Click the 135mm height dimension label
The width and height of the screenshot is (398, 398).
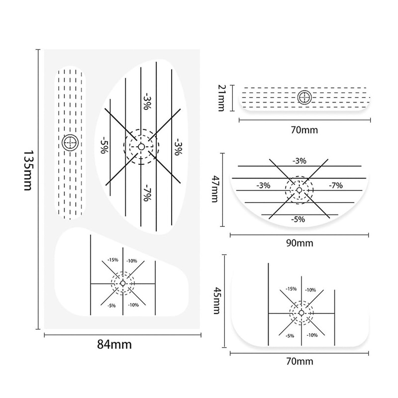click(28, 170)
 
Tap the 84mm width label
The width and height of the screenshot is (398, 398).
click(114, 345)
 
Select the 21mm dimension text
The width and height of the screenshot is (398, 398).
click(221, 98)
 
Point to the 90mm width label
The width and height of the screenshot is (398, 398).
click(300, 243)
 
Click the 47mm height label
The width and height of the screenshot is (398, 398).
click(215, 190)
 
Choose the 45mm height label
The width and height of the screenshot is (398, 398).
click(216, 300)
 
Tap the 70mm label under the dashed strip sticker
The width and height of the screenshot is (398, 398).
click(304, 130)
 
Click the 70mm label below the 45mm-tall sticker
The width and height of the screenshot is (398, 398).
click(300, 361)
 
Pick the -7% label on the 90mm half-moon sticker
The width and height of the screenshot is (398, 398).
click(335, 186)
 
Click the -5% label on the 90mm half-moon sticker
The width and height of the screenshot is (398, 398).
click(298, 219)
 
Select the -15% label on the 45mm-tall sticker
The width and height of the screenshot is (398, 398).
click(291, 289)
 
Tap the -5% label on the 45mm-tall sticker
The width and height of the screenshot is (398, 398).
click(290, 336)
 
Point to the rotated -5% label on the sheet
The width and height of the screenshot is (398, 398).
click(103, 145)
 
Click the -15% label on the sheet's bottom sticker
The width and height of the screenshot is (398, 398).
click(113, 260)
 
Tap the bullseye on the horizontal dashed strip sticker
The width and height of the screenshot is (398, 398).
click(304, 97)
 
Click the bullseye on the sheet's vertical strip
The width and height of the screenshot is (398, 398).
click(70, 143)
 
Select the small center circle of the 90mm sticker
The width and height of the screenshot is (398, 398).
click(299, 190)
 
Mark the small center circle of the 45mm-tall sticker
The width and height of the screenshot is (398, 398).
click(301, 313)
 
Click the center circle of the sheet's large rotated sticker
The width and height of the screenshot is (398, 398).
click(141, 147)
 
